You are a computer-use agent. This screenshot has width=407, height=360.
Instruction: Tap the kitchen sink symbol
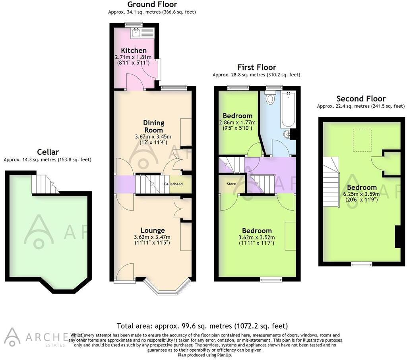pyautogui.click(x=136, y=32)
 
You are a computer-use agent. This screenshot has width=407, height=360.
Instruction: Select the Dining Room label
pyautogui.click(x=153, y=126)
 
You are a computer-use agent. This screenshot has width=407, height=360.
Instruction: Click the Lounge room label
pyautogui.click(x=153, y=230)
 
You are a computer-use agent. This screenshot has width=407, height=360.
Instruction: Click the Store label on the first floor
pyautogui.click(x=231, y=184)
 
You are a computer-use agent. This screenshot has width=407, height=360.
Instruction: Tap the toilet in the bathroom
pyautogui.click(x=270, y=98)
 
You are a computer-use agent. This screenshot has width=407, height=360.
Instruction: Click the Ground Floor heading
pyautogui.click(x=152, y=5)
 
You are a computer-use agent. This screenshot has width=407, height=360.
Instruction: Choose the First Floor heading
pyautogui.click(x=256, y=67)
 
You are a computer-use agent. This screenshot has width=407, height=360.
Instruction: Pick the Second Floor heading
pyautogui.click(x=361, y=99)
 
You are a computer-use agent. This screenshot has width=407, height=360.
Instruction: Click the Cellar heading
pyautogui.click(x=48, y=152)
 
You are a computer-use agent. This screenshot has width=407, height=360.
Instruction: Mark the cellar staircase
pyautogui.click(x=44, y=185)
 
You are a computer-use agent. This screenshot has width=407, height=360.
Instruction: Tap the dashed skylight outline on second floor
pyautogui.click(x=362, y=140)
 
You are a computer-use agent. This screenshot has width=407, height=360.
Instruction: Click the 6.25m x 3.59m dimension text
pyautogui.click(x=361, y=195)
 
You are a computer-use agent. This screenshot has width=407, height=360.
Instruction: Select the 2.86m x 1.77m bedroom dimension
pyautogui.click(x=237, y=123)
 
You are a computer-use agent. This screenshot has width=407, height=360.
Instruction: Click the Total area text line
pyautogui.click(x=202, y=325)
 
